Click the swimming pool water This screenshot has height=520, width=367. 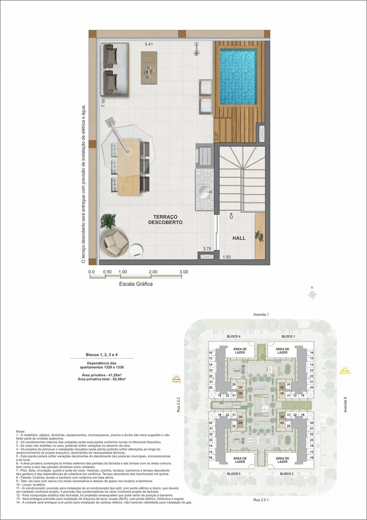pyautogui.click(x=238, y=77)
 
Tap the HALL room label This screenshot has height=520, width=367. pyautogui.click(x=239, y=238)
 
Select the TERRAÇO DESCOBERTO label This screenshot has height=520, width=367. pyautogui.click(x=165, y=220)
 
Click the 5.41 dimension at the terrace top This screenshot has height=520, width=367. pyautogui.click(x=149, y=44)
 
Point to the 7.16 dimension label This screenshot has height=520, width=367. pyautogui.click(x=103, y=103)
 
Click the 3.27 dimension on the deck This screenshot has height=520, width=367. pyautogui.click(x=216, y=136)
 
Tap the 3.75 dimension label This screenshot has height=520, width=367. pyautogui.click(x=207, y=249)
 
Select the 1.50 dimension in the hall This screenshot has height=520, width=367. pyautogui.click(x=227, y=257)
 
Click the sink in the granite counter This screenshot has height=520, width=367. pyautogui.click(x=204, y=191)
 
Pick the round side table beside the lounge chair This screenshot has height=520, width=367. pyautogui.click(x=136, y=251)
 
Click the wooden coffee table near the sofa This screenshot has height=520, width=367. pyautogui.click(x=149, y=68)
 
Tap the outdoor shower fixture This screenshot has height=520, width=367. pyautogui.click(x=196, y=49)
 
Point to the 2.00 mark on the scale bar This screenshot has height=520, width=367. pyautogui.click(x=153, y=272)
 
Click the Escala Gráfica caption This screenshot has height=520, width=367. pyautogui.click(x=136, y=284)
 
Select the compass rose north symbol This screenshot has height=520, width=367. pyautogui.click(x=312, y=293)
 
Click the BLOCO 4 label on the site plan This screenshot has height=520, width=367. pyautogui.click(x=234, y=336)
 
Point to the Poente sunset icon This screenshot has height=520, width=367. pyautogui.click(x=177, y=379)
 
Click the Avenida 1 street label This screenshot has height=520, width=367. pyautogui.click(x=261, y=315)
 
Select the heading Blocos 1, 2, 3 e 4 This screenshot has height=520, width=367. pyautogui.click(x=102, y=355)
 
